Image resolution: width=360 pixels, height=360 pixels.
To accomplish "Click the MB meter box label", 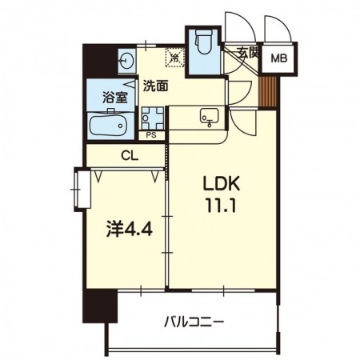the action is pyautogui.click(x=279, y=58).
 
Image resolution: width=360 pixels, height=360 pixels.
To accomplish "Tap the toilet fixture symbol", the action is pyautogui.click(x=204, y=42).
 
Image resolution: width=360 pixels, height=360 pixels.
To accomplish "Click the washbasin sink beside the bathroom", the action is pyautogui.click(x=126, y=61).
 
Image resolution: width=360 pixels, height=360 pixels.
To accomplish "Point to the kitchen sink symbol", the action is pyautogui.click(x=210, y=116).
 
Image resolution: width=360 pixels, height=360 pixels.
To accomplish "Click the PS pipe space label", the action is pyautogui.click(x=151, y=135).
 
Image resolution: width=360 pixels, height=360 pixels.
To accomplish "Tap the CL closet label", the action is pyautogui.click(x=130, y=156).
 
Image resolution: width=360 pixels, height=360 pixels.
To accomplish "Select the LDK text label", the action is pyautogui.click(x=222, y=184).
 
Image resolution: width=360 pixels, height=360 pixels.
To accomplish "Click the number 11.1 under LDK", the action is pyautogui.click(x=221, y=206).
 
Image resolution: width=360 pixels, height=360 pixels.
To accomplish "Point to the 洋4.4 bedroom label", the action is pyautogui.click(x=130, y=230).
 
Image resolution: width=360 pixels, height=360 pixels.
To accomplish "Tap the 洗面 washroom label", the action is pyautogui.click(x=156, y=86).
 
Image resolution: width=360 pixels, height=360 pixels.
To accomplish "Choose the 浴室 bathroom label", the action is pyautogui.click(x=115, y=98).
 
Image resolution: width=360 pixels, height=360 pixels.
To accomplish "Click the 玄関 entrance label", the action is pyautogui.click(x=247, y=53).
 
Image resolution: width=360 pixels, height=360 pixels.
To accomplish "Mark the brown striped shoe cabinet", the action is pyautogui.click(x=268, y=92).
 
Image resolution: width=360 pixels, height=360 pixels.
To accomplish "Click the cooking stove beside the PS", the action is pyautogui.click(x=152, y=118).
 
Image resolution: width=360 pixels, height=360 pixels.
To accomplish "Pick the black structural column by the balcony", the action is pyautogui.click(x=100, y=306).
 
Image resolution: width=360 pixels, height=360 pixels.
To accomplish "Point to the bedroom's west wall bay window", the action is pyautogui.click(x=82, y=190).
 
